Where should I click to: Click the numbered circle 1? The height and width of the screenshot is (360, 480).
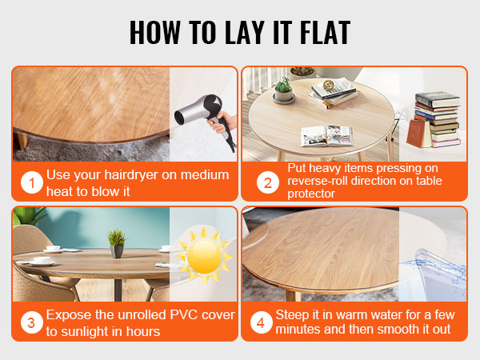click(x=32, y=182)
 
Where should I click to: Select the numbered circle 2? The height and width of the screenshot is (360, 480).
click(x=268, y=182)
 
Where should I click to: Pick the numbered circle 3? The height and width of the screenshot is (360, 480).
click(x=31, y=322)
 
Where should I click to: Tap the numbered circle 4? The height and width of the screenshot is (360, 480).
click(x=261, y=322)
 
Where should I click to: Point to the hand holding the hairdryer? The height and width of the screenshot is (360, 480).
click(x=222, y=122)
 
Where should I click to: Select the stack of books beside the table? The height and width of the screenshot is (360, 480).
click(x=437, y=118)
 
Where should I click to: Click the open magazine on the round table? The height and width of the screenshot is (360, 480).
click(x=327, y=136)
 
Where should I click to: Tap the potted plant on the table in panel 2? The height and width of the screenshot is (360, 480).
click(x=283, y=90)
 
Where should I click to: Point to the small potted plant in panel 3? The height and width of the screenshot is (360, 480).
click(x=117, y=244)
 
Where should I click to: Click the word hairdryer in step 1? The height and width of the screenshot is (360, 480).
click(x=131, y=174)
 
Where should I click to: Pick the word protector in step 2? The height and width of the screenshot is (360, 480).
click(x=311, y=194)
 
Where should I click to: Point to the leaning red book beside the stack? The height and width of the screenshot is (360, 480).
click(x=416, y=134)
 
